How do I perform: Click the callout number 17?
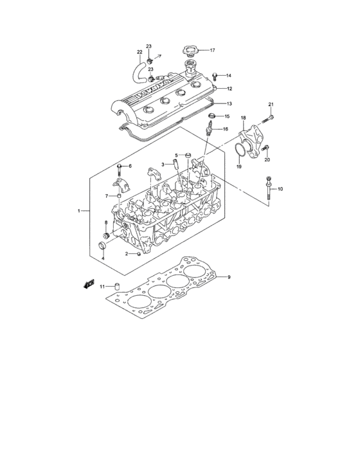[x=212, y=50]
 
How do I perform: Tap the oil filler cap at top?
[x=190, y=49]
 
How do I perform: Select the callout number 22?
[x=139, y=52]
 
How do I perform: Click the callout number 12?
[x=228, y=89]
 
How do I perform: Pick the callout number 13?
[x=228, y=103]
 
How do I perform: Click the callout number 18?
[x=244, y=118]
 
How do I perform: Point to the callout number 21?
[x=271, y=105]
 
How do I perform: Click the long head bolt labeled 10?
[x=266, y=188]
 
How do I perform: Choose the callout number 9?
[x=228, y=277]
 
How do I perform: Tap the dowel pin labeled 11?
[x=118, y=286]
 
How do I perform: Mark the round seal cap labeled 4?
[x=101, y=248]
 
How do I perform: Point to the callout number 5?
[x=158, y=154]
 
